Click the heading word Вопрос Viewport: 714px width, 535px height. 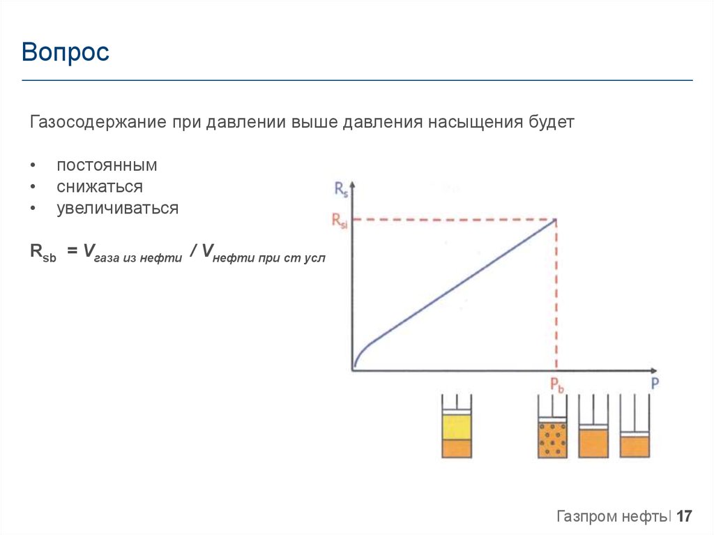pos(66,52)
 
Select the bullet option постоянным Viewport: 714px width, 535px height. pos(107,166)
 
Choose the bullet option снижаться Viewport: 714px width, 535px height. pos(100,187)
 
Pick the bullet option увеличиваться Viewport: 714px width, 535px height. pos(117,208)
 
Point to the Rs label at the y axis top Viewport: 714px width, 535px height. pos(341,188)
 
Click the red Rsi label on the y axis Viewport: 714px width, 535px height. pos(339,220)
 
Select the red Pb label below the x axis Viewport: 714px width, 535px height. pos(556,384)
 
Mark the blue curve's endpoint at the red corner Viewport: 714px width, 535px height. pos(556,220)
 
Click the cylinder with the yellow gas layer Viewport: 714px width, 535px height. pos(457,427)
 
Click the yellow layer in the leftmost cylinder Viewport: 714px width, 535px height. pos(457,427)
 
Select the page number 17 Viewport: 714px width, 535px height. pos(684,517)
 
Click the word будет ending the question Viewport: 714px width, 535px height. pos(551,123)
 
